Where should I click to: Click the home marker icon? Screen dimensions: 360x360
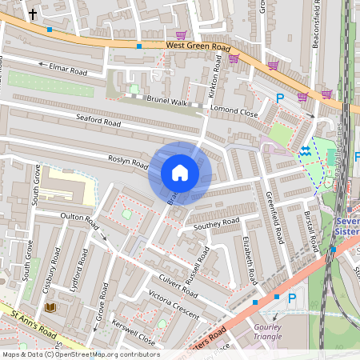coord(180,173)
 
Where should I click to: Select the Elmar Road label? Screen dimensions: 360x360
coord(67,70)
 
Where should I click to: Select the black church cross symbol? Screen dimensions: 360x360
coord(33,14)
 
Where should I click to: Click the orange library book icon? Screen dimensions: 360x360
coord(50,307)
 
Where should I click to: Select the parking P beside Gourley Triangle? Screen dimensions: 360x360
coord(292,298)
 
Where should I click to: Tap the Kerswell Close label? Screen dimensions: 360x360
coord(134,334)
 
